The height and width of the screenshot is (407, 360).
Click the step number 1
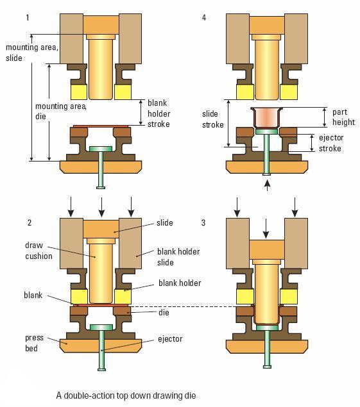[28, 18]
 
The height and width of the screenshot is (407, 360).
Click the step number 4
[204, 18]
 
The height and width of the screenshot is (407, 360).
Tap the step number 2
[30, 222]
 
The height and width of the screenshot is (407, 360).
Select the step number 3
[203, 222]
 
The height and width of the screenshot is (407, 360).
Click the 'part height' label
[343, 117]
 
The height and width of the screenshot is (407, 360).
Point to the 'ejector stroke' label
[331, 143]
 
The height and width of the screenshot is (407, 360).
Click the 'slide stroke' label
[213, 119]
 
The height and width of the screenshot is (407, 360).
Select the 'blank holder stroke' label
[159, 113]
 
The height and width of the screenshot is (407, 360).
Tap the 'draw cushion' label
[39, 251]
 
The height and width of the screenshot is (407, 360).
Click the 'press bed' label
[34, 343]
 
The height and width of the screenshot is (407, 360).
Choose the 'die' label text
[164, 313]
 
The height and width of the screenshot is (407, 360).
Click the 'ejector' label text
[170, 339]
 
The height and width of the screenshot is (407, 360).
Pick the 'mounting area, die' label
[61, 111]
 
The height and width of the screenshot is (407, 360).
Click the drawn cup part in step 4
[267, 118]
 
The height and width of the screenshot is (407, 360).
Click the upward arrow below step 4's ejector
[267, 185]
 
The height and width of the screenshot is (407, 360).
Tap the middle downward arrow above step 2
[101, 207]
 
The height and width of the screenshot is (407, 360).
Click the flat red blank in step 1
[101, 126]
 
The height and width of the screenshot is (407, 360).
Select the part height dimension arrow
[325, 117]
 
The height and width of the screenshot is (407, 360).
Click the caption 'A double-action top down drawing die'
[126, 395]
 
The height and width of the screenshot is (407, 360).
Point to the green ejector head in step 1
[101, 149]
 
